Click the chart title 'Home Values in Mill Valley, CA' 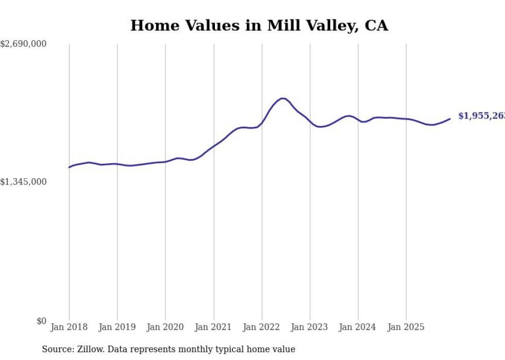(259, 26)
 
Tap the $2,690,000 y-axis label (23, 44)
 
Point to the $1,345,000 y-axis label (23, 182)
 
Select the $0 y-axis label (41, 321)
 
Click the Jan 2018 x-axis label (69, 327)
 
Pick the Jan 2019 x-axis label (117, 327)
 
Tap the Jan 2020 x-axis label (165, 327)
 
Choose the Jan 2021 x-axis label (213, 327)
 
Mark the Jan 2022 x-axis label (262, 327)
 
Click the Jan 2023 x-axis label (310, 327)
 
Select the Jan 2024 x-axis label (358, 327)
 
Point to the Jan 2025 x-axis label (406, 327)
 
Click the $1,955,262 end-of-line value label (481, 116)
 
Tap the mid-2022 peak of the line (282, 98)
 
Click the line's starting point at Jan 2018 (69, 167)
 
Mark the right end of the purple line (450, 119)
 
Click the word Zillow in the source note (91, 349)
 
